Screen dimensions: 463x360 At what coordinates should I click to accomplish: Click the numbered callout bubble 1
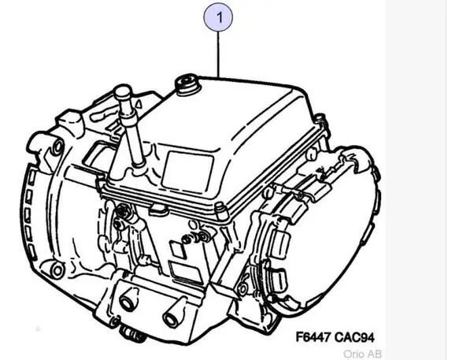(x=219, y=17)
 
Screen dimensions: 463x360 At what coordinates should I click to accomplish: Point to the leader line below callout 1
(x=219, y=54)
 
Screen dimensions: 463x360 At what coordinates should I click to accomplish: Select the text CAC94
(x=354, y=337)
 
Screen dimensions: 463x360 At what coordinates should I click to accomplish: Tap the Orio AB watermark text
(x=362, y=354)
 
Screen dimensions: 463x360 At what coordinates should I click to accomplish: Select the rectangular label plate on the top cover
(x=187, y=172)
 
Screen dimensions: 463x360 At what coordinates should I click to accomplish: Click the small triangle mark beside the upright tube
(x=139, y=104)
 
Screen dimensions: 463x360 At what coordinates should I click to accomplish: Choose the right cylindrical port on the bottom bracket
(x=172, y=317)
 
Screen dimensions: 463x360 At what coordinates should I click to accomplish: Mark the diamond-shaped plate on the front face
(x=178, y=247)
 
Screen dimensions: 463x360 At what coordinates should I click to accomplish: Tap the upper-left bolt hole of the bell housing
(x=58, y=146)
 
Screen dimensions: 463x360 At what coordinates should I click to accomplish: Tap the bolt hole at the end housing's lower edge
(x=243, y=288)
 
